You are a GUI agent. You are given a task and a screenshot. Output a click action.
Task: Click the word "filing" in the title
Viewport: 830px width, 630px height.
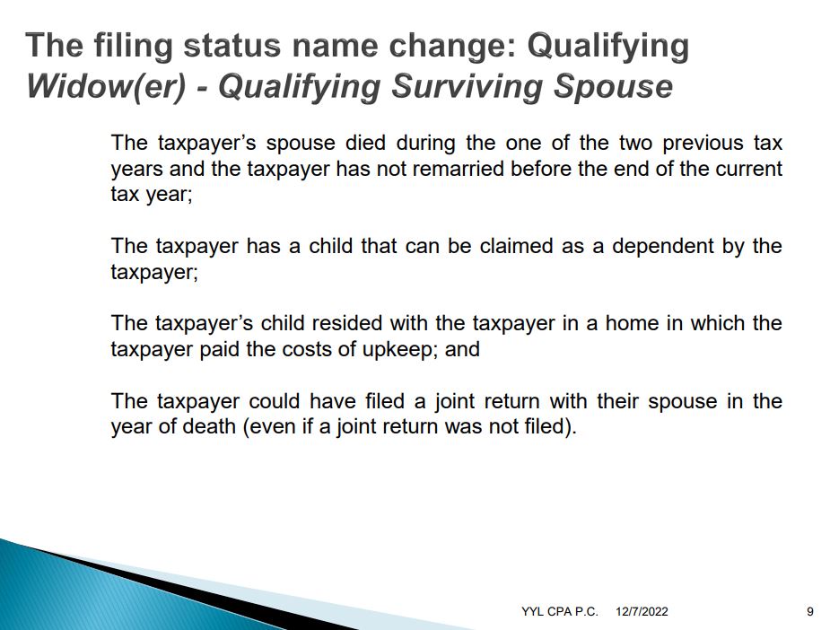click(x=133, y=46)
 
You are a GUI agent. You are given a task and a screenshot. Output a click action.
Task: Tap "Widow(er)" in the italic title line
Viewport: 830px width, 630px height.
click(x=107, y=86)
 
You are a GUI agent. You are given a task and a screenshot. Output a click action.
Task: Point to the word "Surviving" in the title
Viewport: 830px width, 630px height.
click(x=467, y=86)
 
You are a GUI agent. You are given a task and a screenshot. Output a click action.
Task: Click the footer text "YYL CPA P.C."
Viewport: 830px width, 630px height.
click(x=560, y=611)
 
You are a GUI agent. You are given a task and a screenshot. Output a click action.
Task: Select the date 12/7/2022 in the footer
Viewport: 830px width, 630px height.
click(x=642, y=611)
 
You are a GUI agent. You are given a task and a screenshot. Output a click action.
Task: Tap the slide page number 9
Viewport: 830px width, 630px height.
click(x=810, y=611)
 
